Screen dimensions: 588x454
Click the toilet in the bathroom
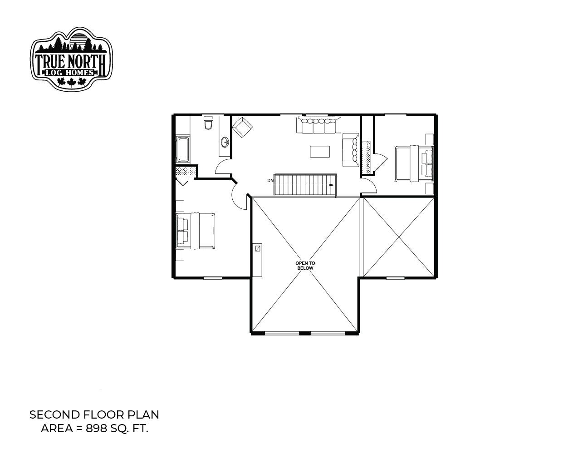click(208, 123)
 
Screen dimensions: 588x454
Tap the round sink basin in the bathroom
click(225, 142)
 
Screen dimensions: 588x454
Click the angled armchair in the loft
click(242, 127)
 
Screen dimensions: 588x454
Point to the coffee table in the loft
click(320, 152)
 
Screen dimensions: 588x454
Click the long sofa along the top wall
click(318, 125)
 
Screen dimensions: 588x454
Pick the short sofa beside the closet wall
click(351, 150)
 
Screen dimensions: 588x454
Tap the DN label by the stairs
click(270, 181)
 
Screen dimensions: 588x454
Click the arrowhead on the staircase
click(331, 185)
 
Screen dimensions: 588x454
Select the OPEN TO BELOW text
click(305, 266)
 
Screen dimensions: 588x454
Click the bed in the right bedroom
click(414, 163)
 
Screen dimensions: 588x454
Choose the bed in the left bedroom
click(196, 231)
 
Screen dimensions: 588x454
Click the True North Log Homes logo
click(71, 59)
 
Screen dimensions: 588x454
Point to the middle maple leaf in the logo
click(71, 82)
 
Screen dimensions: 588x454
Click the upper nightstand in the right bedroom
click(430, 139)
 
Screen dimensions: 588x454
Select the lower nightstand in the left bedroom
click(180, 255)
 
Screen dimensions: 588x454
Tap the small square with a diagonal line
click(258, 248)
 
